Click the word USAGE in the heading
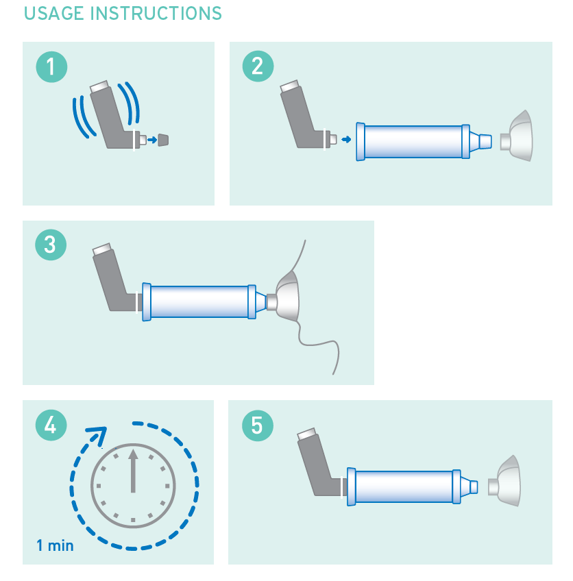[54, 13]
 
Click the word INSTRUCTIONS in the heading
[156, 13]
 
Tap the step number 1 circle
[51, 66]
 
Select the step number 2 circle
[258, 66]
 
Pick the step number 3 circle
[51, 245]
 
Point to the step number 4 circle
[51, 425]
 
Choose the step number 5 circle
[258, 425]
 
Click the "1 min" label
[55, 545]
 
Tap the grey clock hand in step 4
[133, 471]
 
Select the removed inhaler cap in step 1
[163, 140]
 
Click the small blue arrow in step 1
[152, 140]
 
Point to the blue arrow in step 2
[346, 139]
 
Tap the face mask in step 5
[504, 481]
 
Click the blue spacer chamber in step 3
[199, 301]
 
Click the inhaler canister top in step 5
[306, 434]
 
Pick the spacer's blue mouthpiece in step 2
[481, 141]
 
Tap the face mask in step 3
[287, 296]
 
